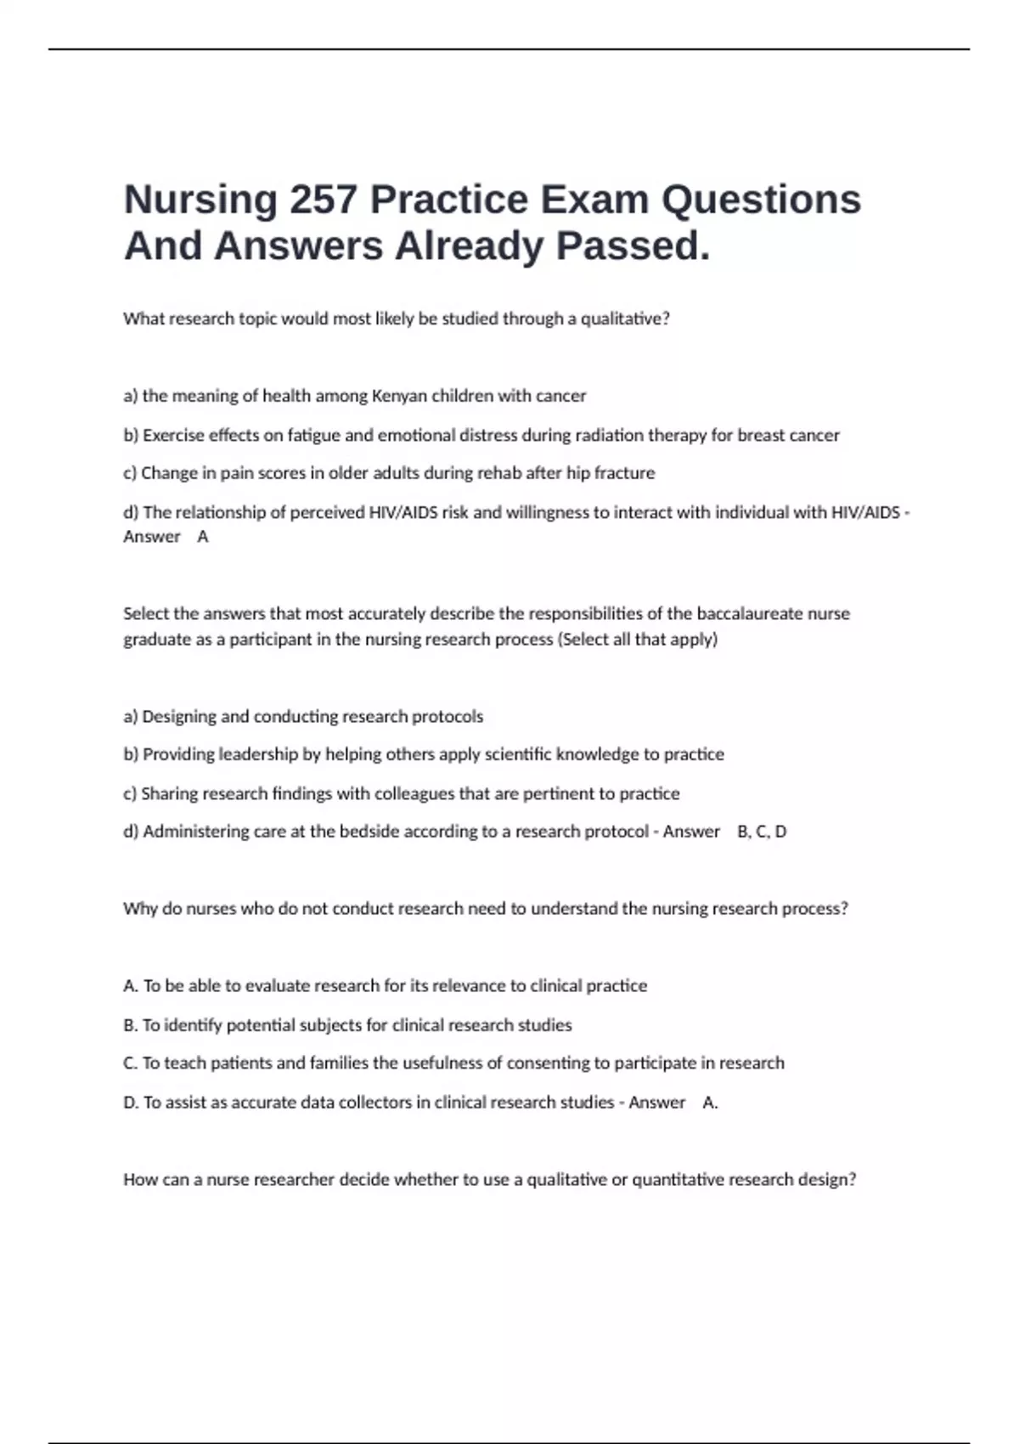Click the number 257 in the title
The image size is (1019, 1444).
324,200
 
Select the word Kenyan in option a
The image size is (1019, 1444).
400,396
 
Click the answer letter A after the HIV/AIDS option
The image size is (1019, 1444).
202,537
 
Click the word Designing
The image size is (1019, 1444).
178,717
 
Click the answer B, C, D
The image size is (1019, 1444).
762,832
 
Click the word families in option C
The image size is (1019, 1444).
339,1063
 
